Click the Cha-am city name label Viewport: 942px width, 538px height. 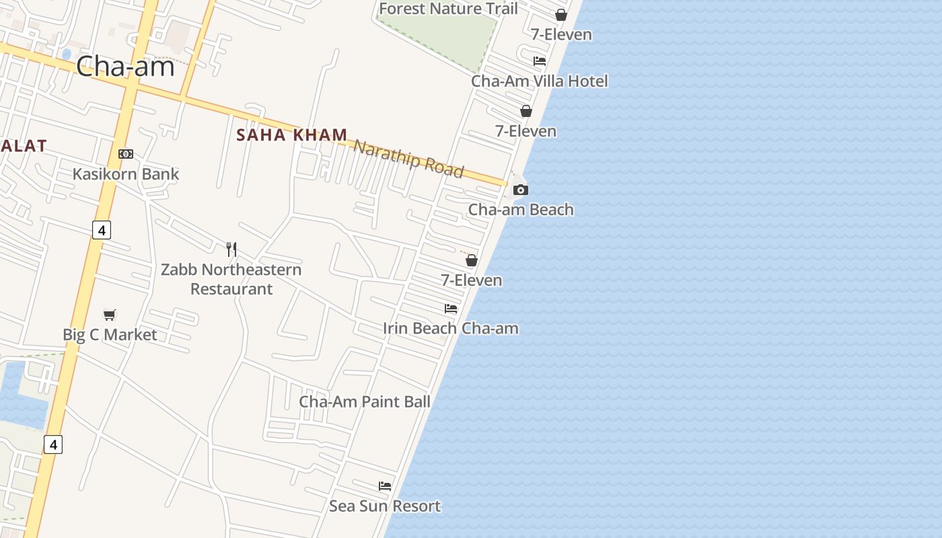point(125,67)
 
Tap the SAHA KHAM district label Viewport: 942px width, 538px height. point(291,135)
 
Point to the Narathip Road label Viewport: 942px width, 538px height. point(408,159)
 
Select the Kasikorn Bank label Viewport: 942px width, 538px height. point(126,174)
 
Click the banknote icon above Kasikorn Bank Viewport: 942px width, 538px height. point(126,154)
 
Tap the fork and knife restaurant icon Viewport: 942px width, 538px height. point(231,249)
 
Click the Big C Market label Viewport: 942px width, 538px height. point(110,335)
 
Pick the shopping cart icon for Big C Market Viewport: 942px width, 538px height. point(110,315)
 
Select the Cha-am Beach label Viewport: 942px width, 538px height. point(521,210)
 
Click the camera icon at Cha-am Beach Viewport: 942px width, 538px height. point(521,190)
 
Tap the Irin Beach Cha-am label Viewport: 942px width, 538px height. point(451,329)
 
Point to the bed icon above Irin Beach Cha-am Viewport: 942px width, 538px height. point(451,309)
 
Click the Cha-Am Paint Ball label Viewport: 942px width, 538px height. point(365,402)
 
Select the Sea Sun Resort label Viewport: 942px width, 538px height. point(385,506)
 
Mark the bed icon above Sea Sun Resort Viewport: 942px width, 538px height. point(385,486)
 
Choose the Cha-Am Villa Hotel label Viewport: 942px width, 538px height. point(540,81)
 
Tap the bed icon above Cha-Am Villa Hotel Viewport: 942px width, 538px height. point(540,61)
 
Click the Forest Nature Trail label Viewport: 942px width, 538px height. point(449,9)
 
